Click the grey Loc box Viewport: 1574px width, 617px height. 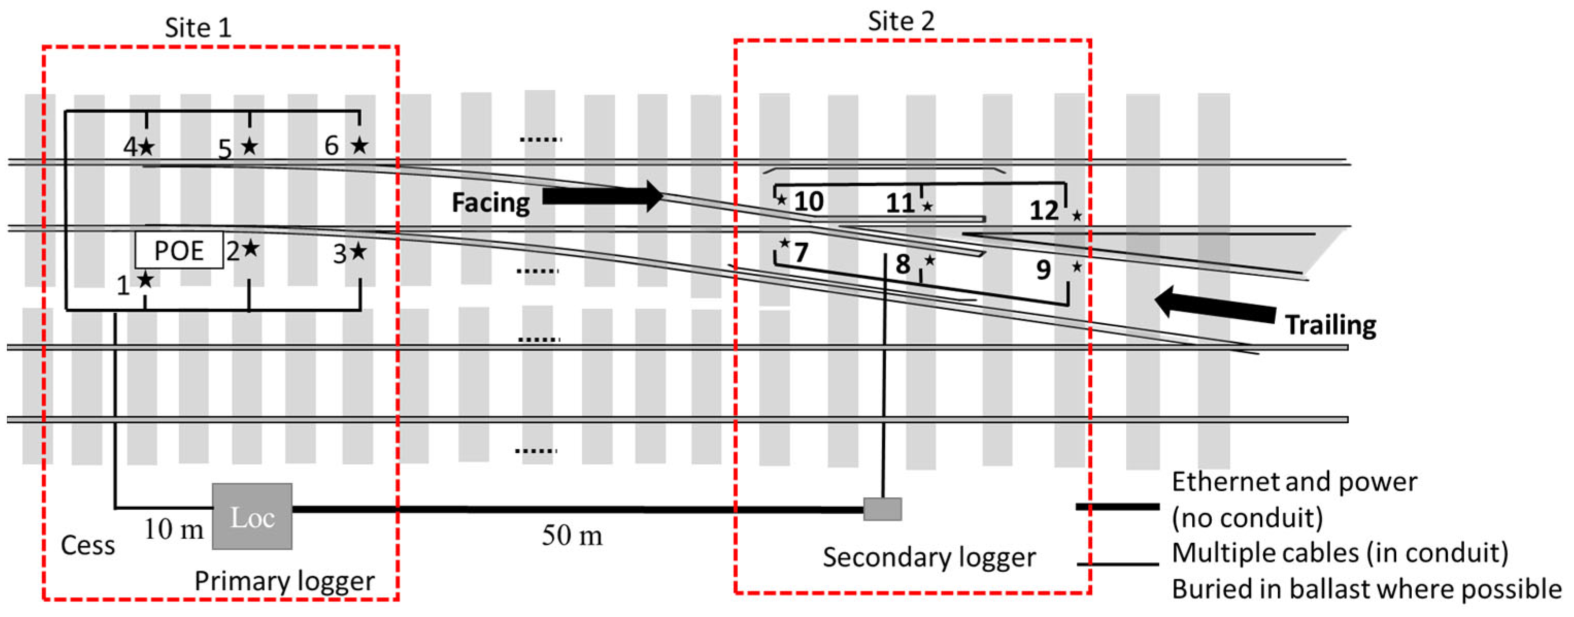(x=252, y=516)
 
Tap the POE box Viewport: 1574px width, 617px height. (x=179, y=250)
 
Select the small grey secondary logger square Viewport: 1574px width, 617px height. (x=883, y=509)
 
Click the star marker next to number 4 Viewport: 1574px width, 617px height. (x=147, y=147)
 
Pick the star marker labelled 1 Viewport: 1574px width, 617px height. (x=145, y=280)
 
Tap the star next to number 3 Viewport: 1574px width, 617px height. (x=359, y=252)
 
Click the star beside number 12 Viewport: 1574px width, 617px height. (x=1077, y=215)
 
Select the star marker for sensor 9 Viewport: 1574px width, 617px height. (x=1077, y=266)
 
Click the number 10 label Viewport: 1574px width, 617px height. (x=808, y=202)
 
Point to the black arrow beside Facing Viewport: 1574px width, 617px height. (x=602, y=196)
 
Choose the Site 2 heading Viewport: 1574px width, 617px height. (x=901, y=22)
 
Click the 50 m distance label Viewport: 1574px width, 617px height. (x=572, y=536)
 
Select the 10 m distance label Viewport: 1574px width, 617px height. (x=174, y=529)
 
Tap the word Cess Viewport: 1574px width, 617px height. (x=88, y=545)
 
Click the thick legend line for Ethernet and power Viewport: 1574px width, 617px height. (x=1117, y=506)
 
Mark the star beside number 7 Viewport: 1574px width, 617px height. (x=785, y=243)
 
